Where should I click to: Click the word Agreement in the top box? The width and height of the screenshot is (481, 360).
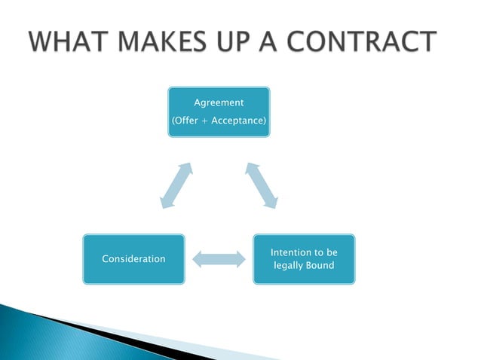pos(219,102)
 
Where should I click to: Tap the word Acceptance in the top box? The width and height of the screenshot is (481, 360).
pos(240,121)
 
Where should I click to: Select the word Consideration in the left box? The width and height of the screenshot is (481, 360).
pos(133,259)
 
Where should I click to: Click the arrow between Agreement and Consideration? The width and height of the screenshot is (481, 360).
pos(176,185)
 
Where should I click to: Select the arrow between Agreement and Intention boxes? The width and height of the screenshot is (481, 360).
pos(262,185)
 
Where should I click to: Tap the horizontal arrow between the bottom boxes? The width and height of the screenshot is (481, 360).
pos(219,259)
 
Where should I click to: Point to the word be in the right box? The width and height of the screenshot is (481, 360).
pos(332,251)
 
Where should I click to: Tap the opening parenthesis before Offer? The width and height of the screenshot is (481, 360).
pos(174,121)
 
